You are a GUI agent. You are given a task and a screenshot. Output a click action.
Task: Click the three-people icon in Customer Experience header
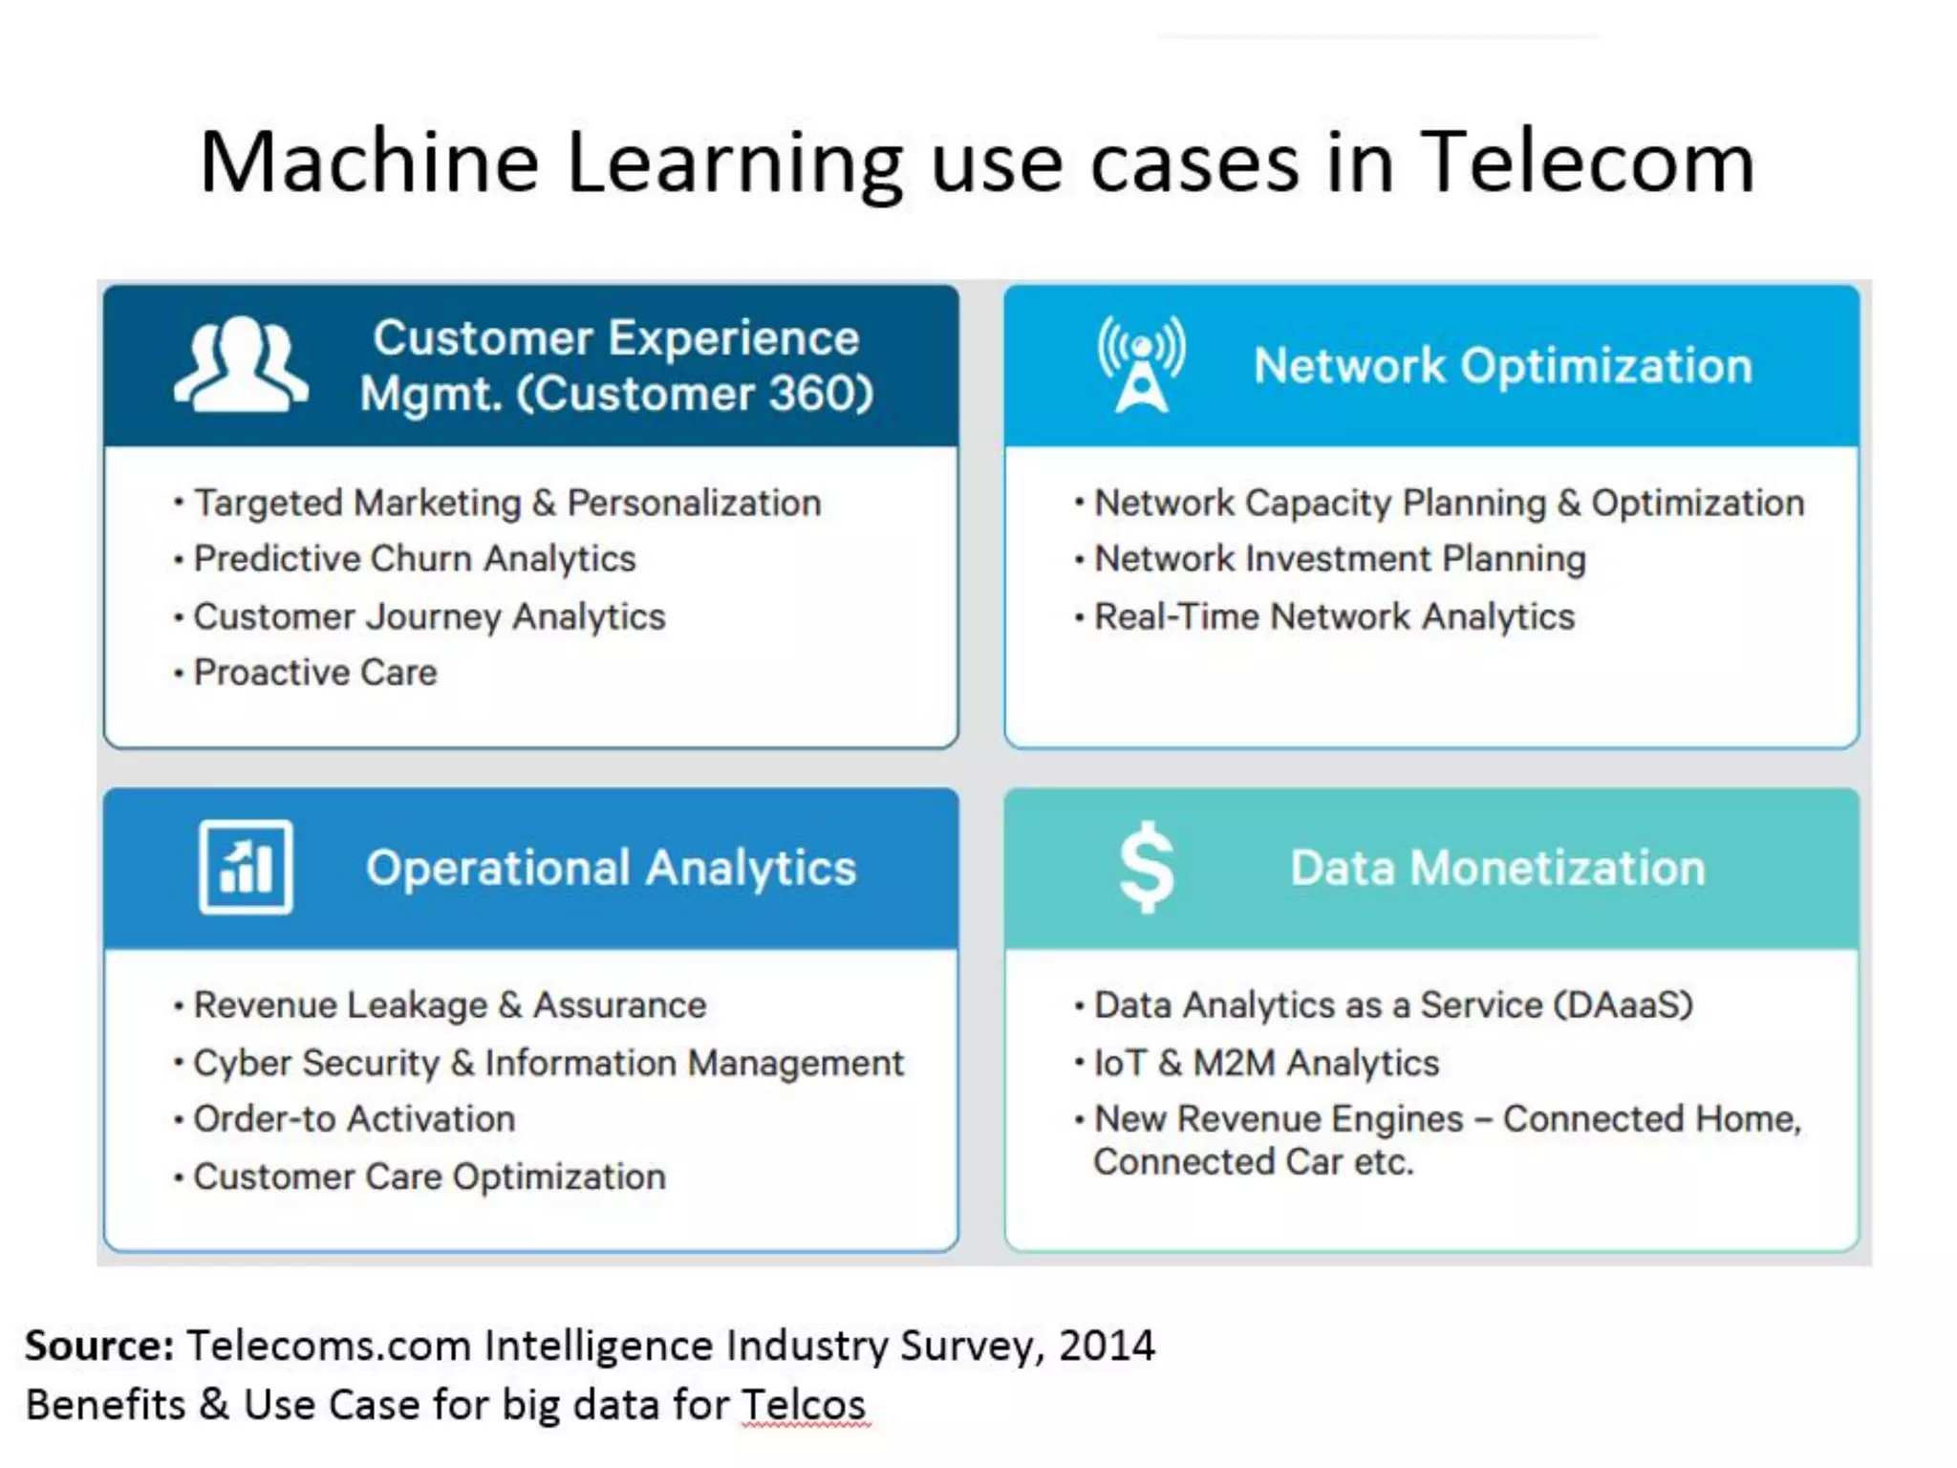pos(241,365)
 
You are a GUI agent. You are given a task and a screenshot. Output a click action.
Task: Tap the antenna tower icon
pos(1142,365)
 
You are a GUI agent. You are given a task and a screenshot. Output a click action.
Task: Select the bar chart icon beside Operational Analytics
pos(246,867)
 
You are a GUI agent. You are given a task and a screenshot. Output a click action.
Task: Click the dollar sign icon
pos(1146,867)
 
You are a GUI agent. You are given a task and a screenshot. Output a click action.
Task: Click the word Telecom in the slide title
pos(1587,162)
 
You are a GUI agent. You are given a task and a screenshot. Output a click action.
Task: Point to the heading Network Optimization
pos(1502,366)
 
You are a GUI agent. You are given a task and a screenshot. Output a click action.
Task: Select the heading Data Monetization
pos(1497,868)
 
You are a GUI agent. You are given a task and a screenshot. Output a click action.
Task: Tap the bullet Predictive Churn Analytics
pos(415,559)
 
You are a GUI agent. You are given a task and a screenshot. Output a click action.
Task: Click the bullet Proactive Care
pos(315,673)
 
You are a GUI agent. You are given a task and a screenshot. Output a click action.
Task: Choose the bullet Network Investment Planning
pos(1340,559)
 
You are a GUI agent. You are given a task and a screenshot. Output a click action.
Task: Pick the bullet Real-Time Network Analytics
pos(1334,617)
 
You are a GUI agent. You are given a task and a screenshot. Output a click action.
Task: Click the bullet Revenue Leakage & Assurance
pos(449,1005)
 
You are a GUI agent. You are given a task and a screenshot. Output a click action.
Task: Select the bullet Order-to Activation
pos(354,1119)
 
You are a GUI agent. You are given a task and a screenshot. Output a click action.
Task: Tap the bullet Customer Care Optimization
pos(429,1177)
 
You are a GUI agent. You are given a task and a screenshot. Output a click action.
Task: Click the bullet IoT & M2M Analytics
pos(1266,1064)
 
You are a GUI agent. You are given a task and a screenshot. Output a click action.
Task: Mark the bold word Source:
pos(99,1346)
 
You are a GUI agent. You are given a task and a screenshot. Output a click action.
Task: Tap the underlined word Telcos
pos(804,1405)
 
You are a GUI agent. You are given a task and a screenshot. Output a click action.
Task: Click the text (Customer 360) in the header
pos(695,394)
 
